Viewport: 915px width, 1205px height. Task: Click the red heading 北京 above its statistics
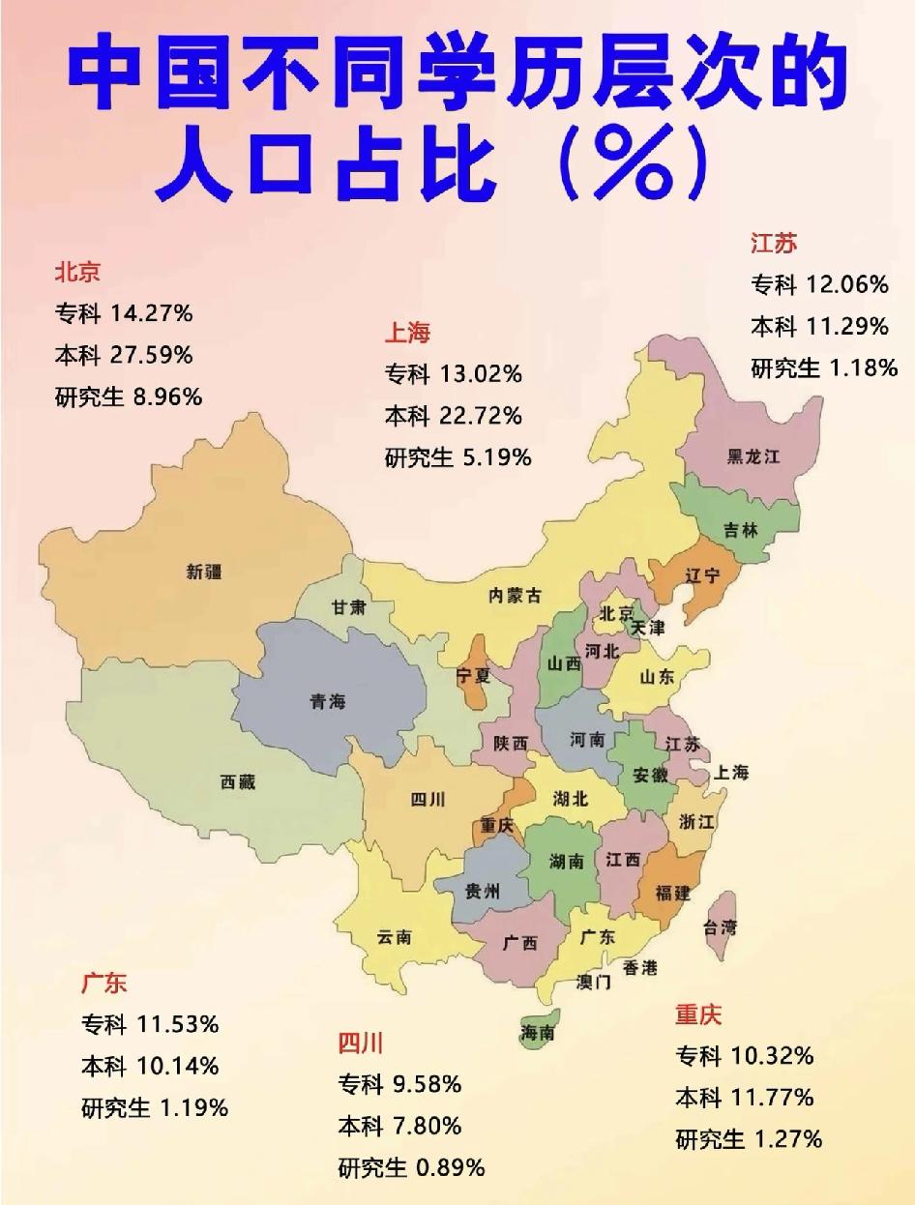pos(77,273)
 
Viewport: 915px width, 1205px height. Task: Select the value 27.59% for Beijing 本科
pos(152,355)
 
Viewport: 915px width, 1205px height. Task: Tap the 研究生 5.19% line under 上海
pos(457,456)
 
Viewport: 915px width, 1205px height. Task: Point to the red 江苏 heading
pos(774,243)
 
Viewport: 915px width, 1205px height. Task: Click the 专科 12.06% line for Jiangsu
pos(819,284)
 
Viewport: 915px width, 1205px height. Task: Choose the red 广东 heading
pos(104,984)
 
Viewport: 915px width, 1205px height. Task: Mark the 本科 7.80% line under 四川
pos(399,1126)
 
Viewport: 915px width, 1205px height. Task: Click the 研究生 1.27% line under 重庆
pos(749,1138)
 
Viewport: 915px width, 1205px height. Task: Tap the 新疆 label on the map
pos(204,572)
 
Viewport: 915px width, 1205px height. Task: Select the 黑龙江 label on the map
pos(753,456)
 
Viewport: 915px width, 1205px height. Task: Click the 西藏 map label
pos(238,782)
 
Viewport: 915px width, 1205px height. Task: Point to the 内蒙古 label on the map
pos(515,596)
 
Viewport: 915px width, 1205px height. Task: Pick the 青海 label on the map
pos(328,701)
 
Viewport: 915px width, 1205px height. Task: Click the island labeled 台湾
pos(719,927)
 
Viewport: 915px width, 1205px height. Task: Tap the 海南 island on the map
pos(538,1032)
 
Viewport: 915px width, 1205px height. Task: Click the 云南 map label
pos(394,936)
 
